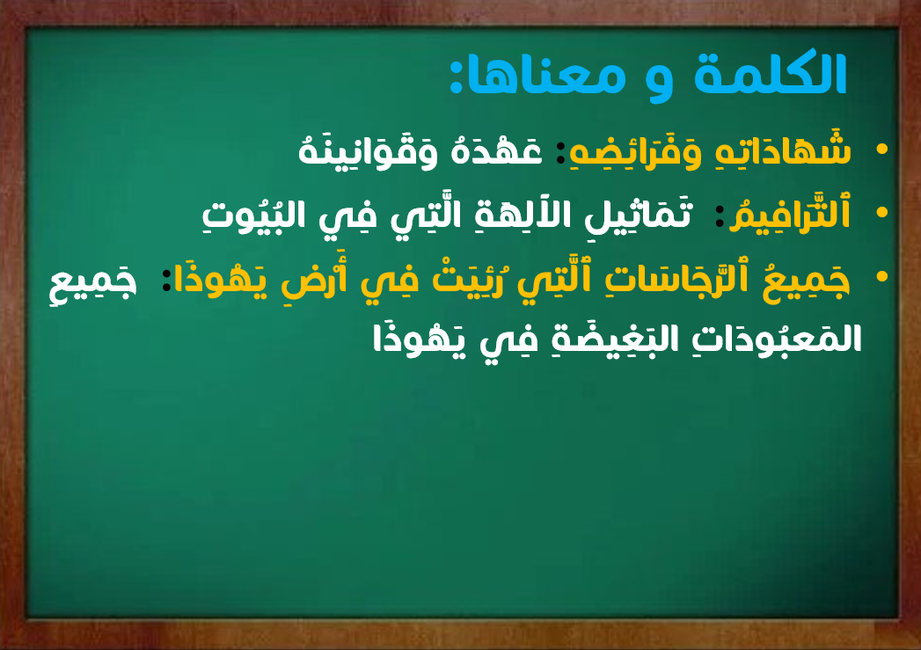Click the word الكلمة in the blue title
coord(770,74)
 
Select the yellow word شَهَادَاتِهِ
coord(784,150)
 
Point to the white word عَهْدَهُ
coord(496,150)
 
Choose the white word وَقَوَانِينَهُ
coord(369,150)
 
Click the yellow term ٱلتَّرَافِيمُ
coord(789,214)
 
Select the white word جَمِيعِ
coord(93,282)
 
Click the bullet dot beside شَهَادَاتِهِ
coord(881,150)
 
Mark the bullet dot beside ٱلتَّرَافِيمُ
coord(881,213)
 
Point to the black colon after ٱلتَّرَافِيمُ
coord(720,217)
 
